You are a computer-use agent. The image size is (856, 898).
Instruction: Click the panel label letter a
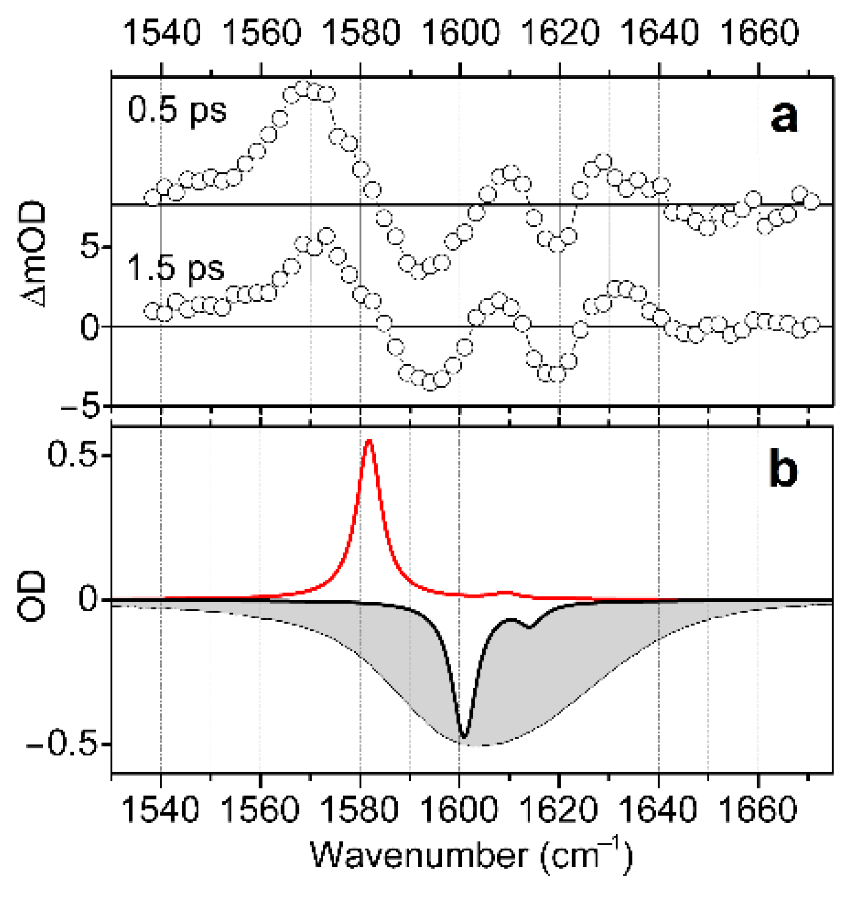click(784, 118)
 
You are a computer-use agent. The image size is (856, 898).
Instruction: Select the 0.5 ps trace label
click(177, 110)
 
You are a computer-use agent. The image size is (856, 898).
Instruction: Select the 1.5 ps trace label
click(175, 269)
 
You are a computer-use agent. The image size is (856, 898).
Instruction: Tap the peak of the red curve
click(369, 441)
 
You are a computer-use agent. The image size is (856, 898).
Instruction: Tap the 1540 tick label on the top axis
click(161, 33)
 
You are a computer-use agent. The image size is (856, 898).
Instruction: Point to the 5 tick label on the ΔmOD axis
click(89, 247)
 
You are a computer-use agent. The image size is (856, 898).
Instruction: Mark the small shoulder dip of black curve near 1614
click(530, 627)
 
